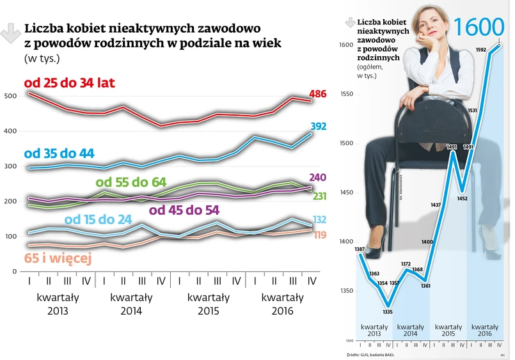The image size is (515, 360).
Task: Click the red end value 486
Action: [x=317, y=94]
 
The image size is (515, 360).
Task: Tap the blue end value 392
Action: [x=317, y=127]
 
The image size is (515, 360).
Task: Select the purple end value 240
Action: [x=317, y=177]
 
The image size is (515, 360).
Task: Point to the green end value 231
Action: [x=319, y=196]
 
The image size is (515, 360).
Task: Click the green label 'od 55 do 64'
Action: [x=131, y=183]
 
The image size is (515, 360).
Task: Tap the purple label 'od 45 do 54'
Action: [x=184, y=210]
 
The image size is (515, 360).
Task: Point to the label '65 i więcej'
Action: [x=58, y=258]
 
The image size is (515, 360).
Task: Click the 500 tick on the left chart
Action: [x=10, y=96]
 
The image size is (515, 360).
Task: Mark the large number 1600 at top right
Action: [x=478, y=27]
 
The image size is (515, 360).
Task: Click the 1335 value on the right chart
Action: [x=387, y=312]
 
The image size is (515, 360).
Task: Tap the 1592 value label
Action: [x=481, y=49]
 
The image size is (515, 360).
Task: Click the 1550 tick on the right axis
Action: [x=346, y=94]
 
